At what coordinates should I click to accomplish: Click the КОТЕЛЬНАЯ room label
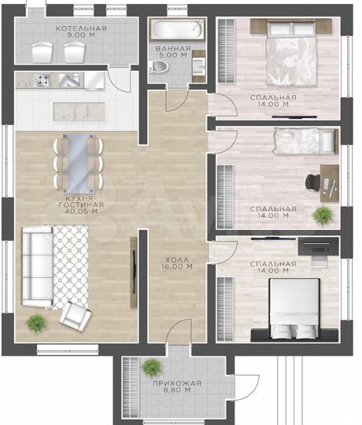(81, 28)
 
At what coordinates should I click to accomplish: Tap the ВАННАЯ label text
(173, 49)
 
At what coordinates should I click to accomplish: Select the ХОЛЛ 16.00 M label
(177, 263)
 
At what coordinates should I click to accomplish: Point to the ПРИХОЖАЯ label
(177, 383)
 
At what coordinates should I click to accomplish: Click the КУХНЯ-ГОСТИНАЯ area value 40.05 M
(81, 212)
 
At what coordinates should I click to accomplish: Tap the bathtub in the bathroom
(177, 29)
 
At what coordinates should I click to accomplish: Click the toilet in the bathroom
(158, 67)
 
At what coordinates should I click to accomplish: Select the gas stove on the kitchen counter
(42, 80)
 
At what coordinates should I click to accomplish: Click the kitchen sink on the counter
(69, 80)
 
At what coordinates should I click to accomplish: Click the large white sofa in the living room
(37, 267)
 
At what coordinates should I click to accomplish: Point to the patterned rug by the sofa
(70, 267)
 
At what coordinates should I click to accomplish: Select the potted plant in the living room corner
(36, 323)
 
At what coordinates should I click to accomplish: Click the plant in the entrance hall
(153, 368)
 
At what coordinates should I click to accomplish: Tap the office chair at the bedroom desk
(312, 183)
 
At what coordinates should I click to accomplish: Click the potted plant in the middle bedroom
(323, 216)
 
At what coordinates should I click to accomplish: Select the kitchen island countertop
(79, 112)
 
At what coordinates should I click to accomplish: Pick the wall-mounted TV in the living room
(134, 272)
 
